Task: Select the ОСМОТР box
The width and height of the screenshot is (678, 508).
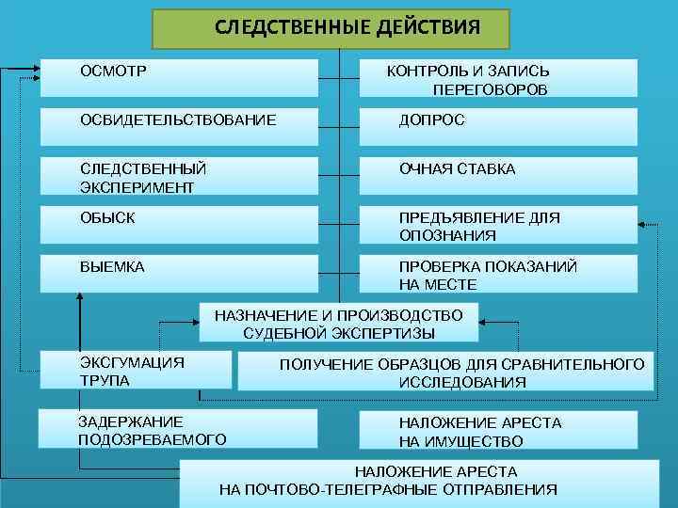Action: point(179,77)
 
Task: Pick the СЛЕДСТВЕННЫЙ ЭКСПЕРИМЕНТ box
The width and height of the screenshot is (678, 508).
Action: point(179,176)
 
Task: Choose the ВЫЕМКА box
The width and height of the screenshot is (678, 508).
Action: point(179,274)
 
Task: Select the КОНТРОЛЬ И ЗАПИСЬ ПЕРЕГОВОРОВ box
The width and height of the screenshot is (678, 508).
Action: point(497,78)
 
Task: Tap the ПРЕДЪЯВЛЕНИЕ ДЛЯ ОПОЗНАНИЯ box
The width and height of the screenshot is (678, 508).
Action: point(497,226)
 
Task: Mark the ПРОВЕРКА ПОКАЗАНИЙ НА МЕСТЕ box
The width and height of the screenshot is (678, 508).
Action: point(497,275)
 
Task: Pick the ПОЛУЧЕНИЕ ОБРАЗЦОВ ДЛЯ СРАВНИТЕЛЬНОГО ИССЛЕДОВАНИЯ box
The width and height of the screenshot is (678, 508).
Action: point(444,373)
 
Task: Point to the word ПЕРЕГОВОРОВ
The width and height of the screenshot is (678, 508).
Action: point(490,90)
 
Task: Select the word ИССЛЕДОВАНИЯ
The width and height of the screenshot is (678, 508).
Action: point(462,383)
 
